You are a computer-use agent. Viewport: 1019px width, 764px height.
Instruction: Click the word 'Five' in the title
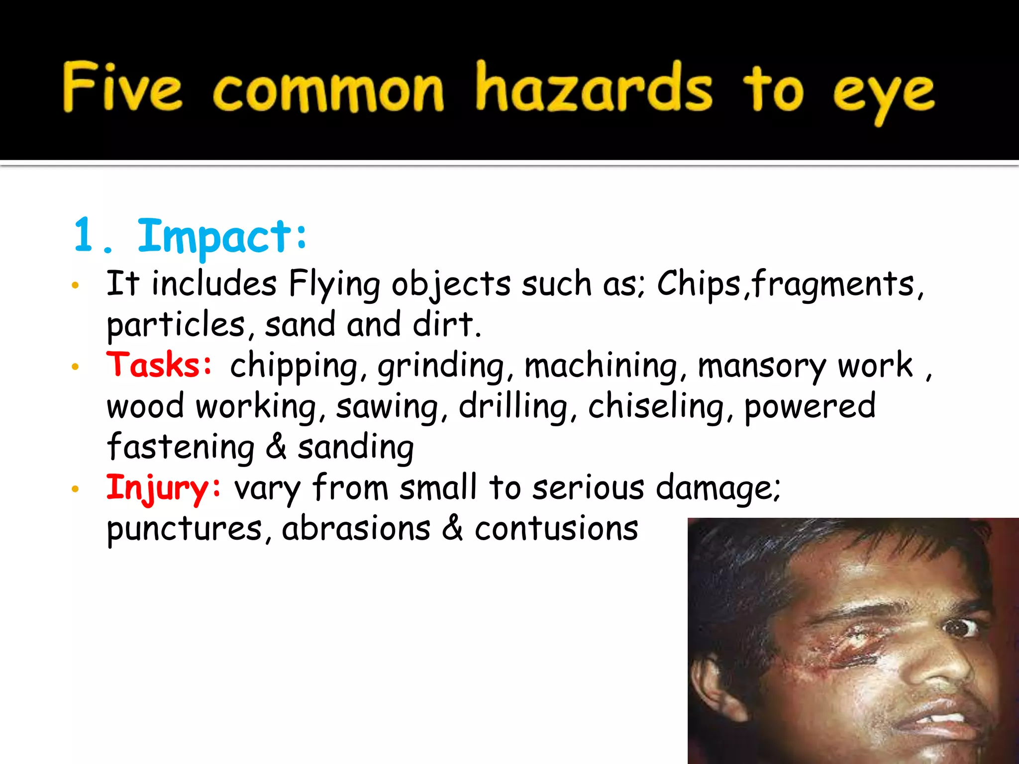[122, 87]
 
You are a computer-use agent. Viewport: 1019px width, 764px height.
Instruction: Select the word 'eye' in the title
[884, 95]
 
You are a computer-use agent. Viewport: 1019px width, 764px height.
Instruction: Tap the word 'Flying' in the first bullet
[334, 285]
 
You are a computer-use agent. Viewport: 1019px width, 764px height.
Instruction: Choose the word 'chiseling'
[656, 406]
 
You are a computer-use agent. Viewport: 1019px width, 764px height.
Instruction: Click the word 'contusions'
[556, 528]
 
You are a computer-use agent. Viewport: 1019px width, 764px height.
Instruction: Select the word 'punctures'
[185, 529]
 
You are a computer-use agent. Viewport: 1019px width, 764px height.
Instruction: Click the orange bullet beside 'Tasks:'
[75, 367]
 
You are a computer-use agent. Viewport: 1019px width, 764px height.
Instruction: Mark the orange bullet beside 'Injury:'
[75, 489]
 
